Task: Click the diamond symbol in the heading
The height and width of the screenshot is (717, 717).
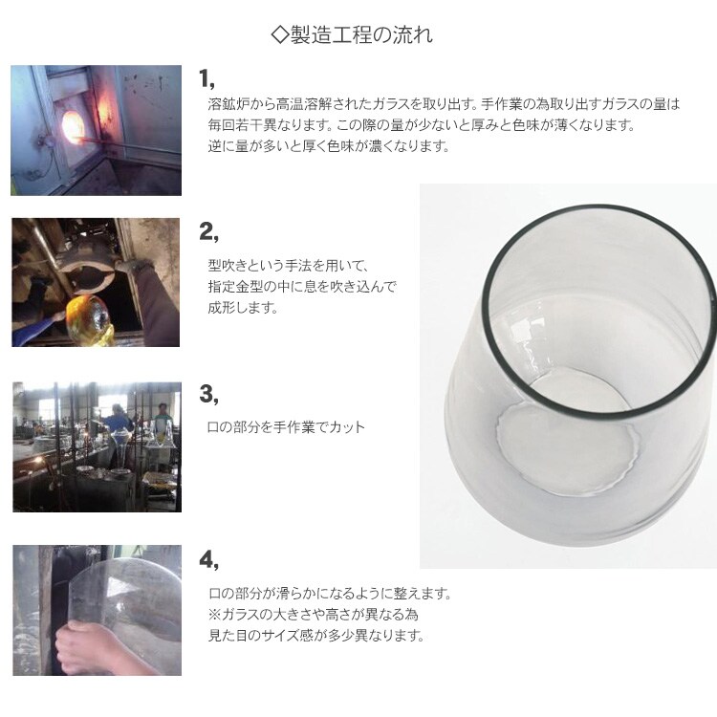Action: pos(280,35)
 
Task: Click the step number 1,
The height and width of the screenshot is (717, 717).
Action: pos(206,78)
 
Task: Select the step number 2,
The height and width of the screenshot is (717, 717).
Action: pos(208,232)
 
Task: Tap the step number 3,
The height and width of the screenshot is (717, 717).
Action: pos(208,394)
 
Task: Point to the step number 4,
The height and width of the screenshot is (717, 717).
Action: pos(208,559)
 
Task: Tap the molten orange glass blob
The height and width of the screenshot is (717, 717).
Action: pos(88,316)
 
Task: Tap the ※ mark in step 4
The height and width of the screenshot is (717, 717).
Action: pos(214,614)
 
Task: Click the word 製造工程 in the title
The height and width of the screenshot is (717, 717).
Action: pos(333,35)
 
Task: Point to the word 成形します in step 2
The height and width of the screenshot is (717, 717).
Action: pos(243,307)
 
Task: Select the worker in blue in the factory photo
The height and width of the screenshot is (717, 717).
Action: pos(117,420)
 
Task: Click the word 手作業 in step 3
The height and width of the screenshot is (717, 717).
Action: pos(294,427)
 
